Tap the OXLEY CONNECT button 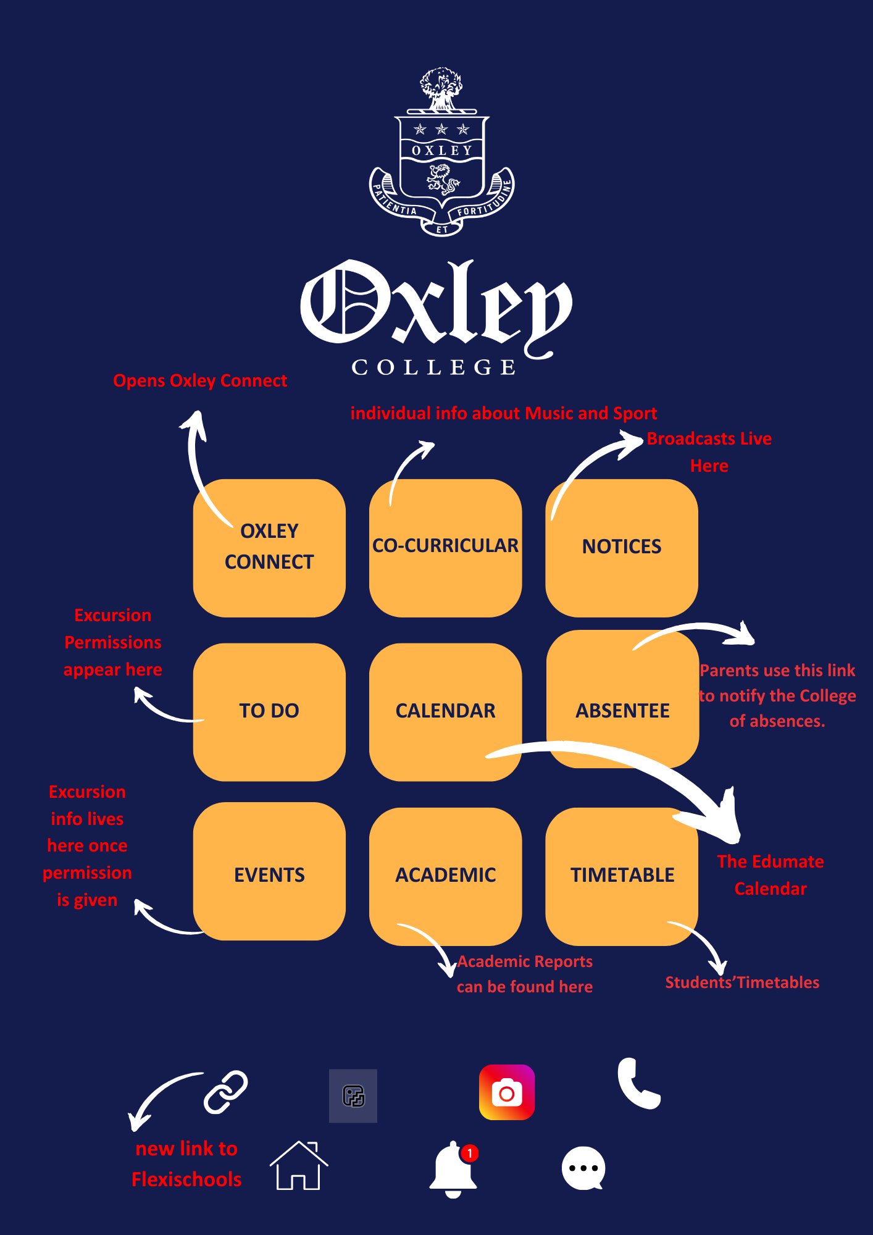(x=269, y=548)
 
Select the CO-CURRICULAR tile (x=445, y=548)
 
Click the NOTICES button (x=622, y=548)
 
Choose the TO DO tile (x=269, y=711)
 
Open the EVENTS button (x=269, y=874)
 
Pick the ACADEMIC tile (x=445, y=876)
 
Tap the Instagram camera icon (x=507, y=1092)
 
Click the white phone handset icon (x=638, y=1084)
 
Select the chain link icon (x=225, y=1092)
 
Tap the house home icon (x=299, y=1166)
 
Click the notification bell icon (x=453, y=1169)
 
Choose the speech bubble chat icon (x=583, y=1168)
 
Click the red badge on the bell (x=470, y=1153)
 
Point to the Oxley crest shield (x=441, y=164)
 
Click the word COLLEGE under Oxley (x=434, y=367)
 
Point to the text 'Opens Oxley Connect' (x=200, y=381)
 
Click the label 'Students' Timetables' (x=741, y=982)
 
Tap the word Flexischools (x=186, y=1179)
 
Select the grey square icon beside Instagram (x=353, y=1096)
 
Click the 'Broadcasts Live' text (x=709, y=439)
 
